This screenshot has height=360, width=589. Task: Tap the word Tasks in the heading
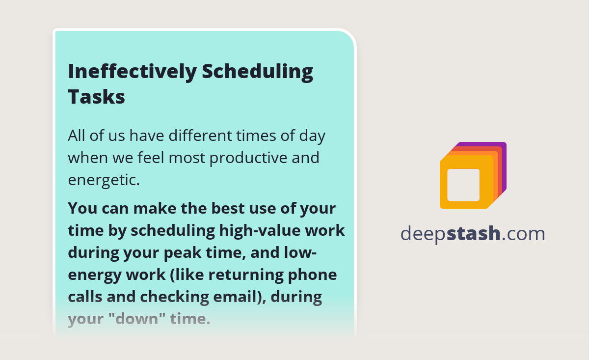[96, 96]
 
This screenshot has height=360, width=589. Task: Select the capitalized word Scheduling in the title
[258, 72]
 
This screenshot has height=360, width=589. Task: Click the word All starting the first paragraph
[77, 135]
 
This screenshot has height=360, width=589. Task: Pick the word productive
[254, 158]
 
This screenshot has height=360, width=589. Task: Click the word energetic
[104, 180]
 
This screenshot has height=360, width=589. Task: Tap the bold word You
[82, 208]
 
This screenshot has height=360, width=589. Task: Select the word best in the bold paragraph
[228, 208]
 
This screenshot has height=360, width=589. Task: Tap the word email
[240, 297]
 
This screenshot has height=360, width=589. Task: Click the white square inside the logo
[463, 185]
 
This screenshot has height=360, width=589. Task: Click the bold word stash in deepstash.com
[473, 234]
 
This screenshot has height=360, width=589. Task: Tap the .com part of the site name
[523, 234]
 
